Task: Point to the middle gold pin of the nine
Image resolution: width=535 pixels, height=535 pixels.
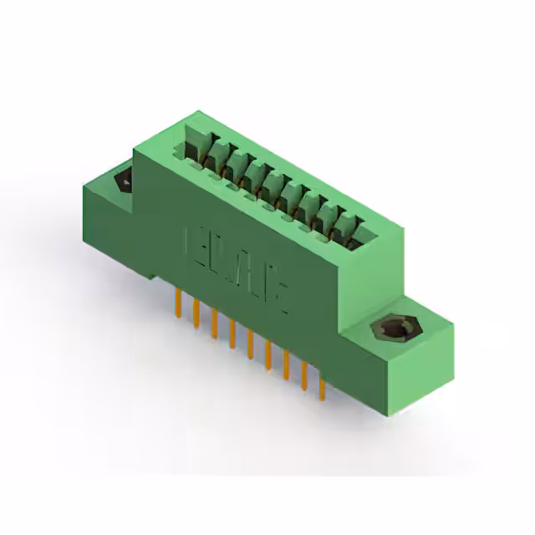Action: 250,344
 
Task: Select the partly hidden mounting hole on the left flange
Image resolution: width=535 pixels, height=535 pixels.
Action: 124,179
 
